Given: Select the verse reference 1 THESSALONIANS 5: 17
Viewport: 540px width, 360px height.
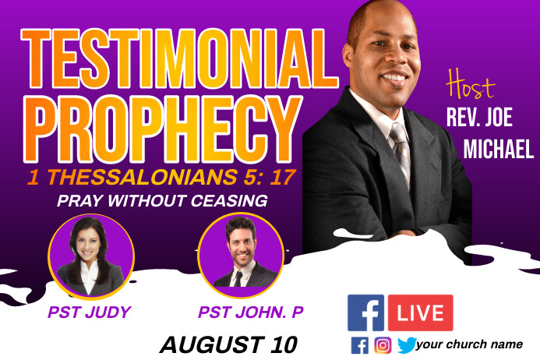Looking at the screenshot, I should point(161,177).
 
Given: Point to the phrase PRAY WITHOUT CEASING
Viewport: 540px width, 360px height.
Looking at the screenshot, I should point(162,201).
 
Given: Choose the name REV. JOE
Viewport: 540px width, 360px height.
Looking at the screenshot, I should point(479,118).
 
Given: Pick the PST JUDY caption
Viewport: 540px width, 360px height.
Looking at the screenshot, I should point(88,312).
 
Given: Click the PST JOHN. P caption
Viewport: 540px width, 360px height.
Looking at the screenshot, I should point(251,312).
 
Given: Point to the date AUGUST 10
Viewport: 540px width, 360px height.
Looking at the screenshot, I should point(228,343).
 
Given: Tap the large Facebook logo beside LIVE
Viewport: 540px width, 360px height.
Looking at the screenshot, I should point(366,313).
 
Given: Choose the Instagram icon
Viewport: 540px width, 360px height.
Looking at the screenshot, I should point(383,345).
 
